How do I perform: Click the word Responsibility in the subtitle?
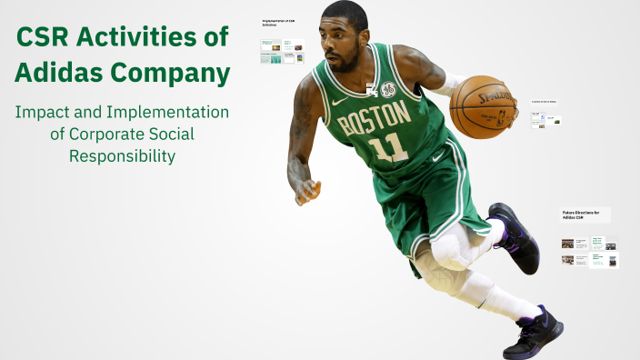point(122,156)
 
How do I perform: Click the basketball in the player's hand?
point(484,106)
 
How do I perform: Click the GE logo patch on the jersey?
point(388,90)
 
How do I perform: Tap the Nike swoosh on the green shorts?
point(438,155)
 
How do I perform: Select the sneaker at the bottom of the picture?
point(533,334)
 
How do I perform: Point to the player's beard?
point(345,64)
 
